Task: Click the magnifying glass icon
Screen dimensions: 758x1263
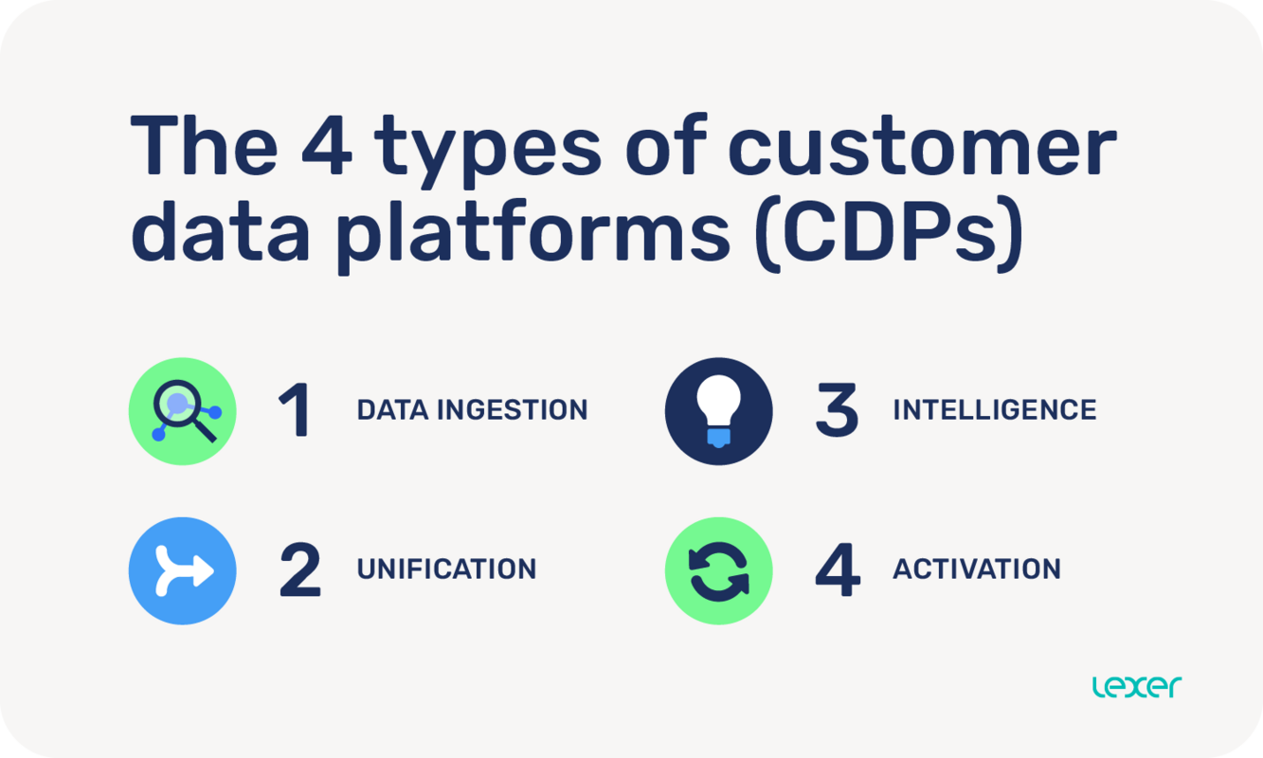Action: tap(183, 411)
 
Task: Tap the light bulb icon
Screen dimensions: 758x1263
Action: tap(718, 411)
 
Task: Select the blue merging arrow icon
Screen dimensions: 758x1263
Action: tap(183, 570)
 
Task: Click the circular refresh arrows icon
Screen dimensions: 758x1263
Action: tap(718, 570)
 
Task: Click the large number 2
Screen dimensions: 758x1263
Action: tap(299, 570)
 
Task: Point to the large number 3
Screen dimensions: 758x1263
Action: tap(836, 411)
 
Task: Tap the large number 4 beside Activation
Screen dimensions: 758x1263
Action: tap(838, 570)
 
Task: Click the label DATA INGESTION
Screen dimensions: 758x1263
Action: tap(472, 410)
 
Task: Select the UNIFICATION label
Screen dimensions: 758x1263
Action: tap(446, 569)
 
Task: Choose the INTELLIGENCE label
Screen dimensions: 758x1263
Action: tap(994, 410)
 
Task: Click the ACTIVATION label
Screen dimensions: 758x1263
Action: tap(976, 569)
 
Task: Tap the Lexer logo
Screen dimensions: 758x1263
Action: tap(1136, 686)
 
